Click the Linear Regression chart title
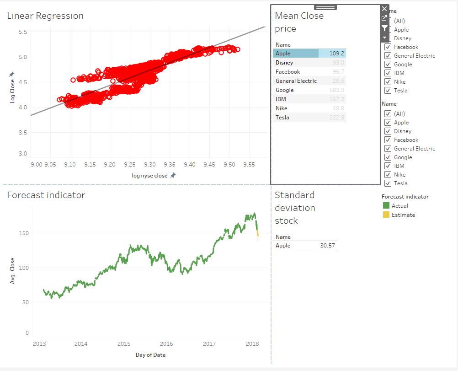pyautogui.click(x=45, y=16)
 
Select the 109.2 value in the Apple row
pyautogui.click(x=337, y=54)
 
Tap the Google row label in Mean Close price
pyautogui.click(x=285, y=90)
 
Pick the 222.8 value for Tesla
pyautogui.click(x=337, y=118)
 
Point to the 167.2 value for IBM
pyautogui.click(x=337, y=99)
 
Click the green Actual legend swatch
pyautogui.click(x=386, y=206)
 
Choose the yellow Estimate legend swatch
pyautogui.click(x=386, y=215)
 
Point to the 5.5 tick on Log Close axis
pyautogui.click(x=22, y=32)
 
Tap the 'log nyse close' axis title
pyautogui.click(x=149, y=176)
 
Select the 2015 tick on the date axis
pyautogui.click(x=123, y=344)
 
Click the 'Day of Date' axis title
pyautogui.click(x=150, y=355)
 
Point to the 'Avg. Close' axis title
pyautogui.click(x=13, y=271)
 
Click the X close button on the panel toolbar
pyautogui.click(x=384, y=9)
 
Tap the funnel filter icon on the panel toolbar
pyautogui.click(x=384, y=28)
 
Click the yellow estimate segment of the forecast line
pyautogui.click(x=258, y=233)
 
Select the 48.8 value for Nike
pyautogui.click(x=339, y=108)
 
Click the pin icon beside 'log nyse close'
pyautogui.click(x=173, y=176)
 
